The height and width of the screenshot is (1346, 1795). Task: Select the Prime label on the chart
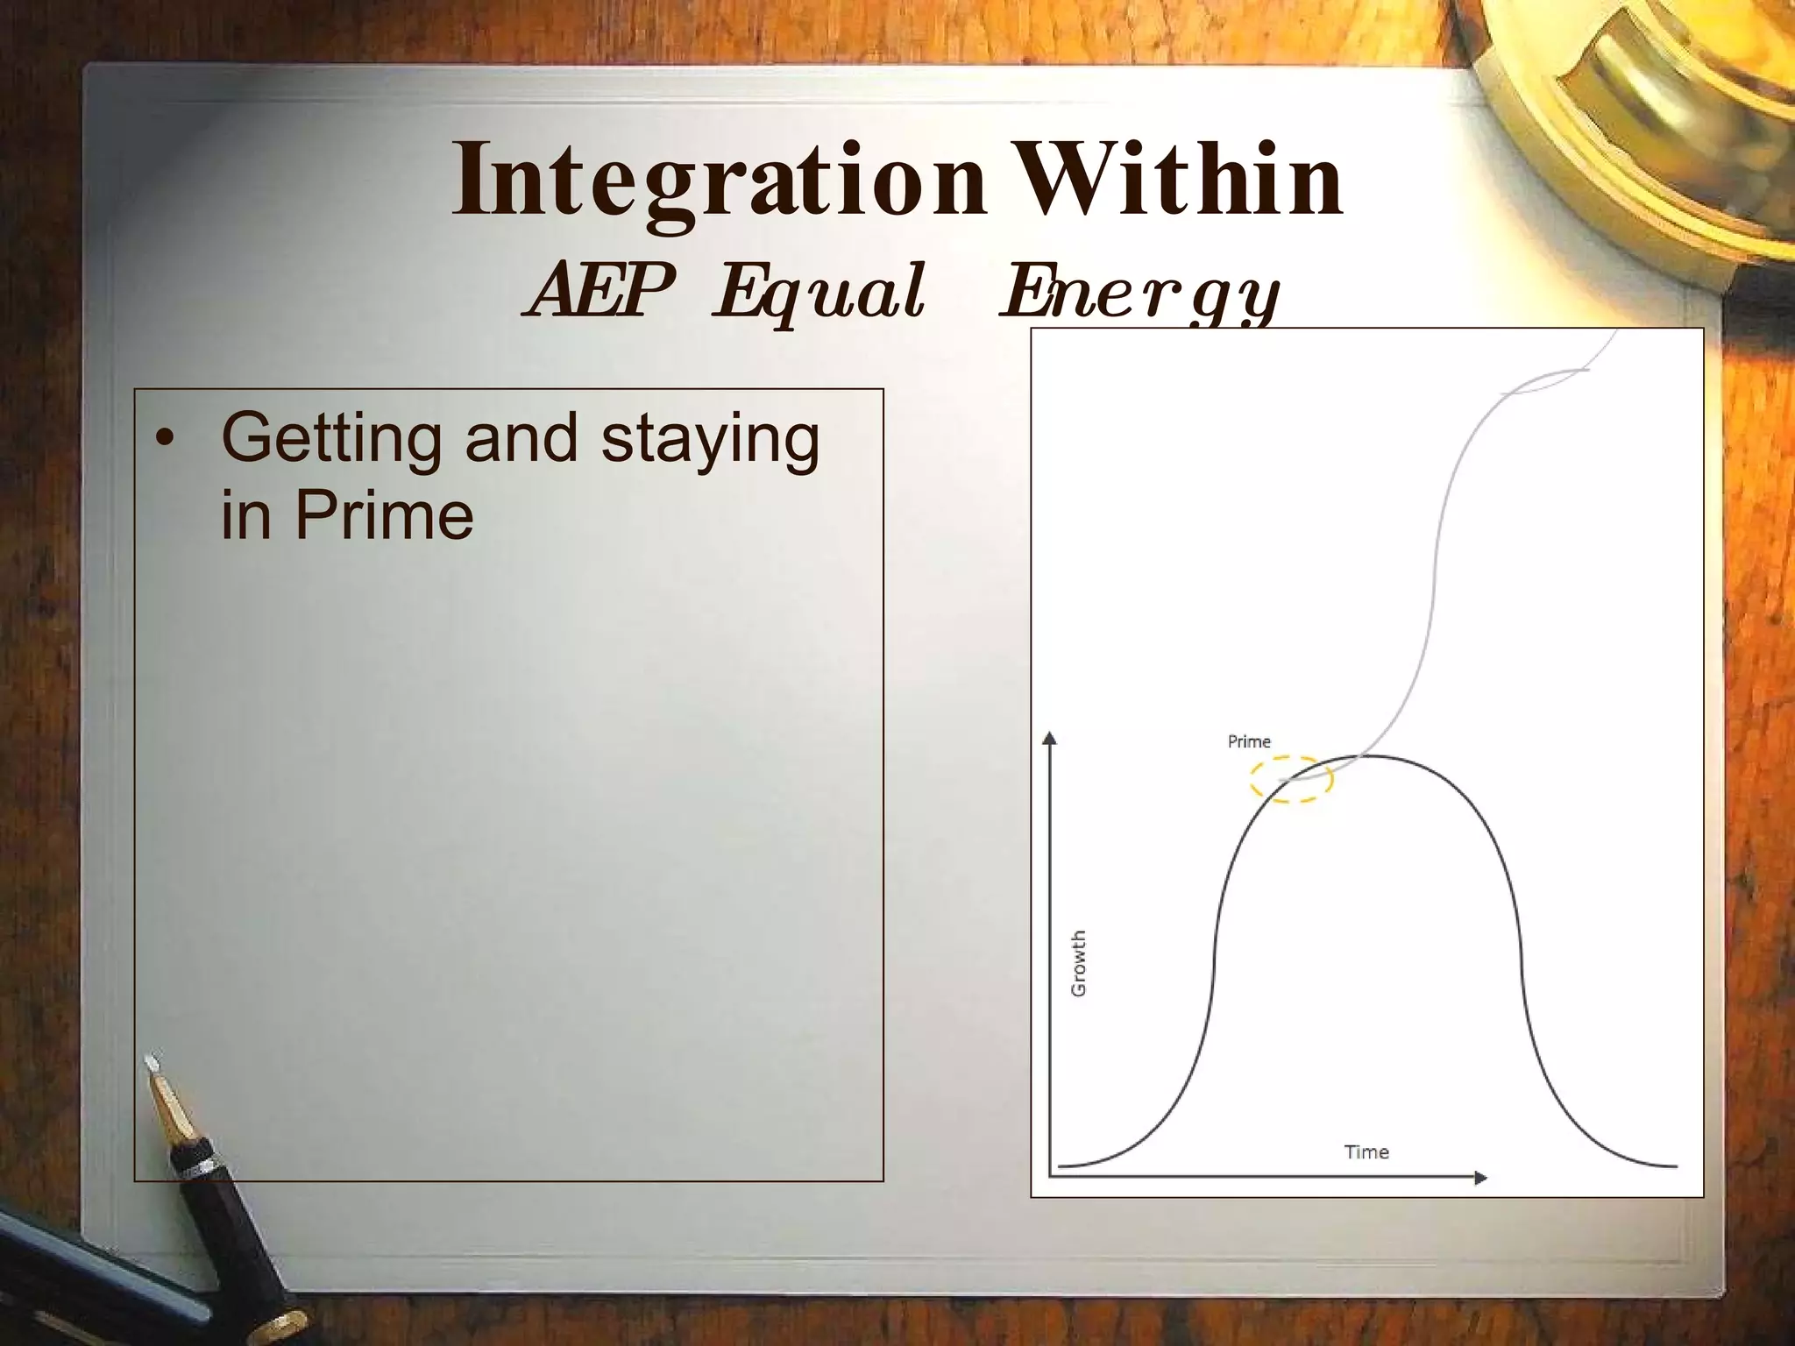coord(1248,741)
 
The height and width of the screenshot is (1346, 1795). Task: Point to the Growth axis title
coord(1079,962)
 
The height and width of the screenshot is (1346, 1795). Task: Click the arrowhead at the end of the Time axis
coord(1480,1179)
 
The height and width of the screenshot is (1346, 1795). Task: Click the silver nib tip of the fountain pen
coord(154,1064)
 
